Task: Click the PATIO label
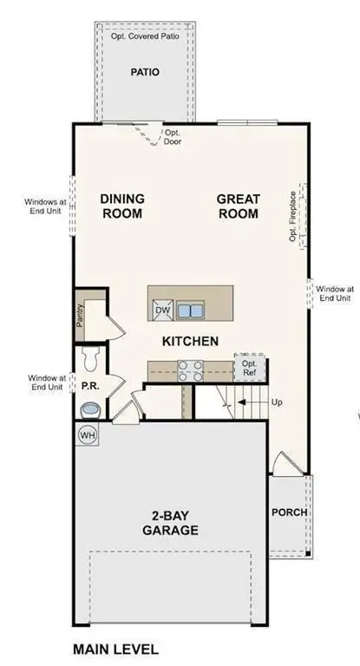145,72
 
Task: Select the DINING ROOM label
122,206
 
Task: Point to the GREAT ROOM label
238,206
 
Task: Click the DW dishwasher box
162,310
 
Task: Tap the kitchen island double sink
191,310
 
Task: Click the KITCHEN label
190,341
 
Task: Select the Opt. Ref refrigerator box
249,368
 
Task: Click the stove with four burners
190,371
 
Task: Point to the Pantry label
81,317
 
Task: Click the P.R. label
88,384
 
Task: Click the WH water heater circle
88,434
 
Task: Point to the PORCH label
289,512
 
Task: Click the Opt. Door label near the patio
173,137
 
